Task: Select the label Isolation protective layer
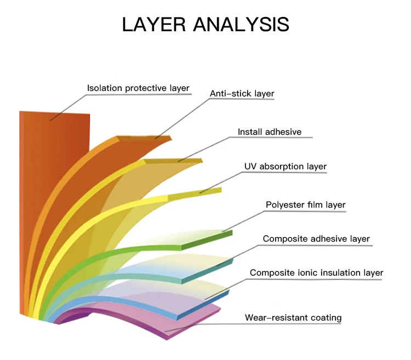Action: pos(138,88)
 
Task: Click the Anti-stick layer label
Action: pos(242,94)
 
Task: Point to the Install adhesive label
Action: pos(270,132)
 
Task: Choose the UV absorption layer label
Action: pos(285,167)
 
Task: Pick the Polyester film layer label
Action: pos(305,205)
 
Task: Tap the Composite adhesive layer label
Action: pos(316,239)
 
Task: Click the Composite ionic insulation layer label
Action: pos(316,273)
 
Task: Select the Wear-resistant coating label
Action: pos(293,318)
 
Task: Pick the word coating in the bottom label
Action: pos(324,318)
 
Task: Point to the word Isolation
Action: pos(105,88)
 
